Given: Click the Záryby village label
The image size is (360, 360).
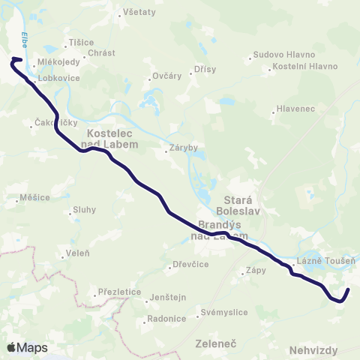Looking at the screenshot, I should pos(184,148).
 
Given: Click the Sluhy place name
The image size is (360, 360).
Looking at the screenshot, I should pos(84,211).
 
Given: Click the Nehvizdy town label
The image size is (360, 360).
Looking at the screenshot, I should pos(313,350).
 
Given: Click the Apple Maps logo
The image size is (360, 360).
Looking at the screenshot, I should pos(27,347).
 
